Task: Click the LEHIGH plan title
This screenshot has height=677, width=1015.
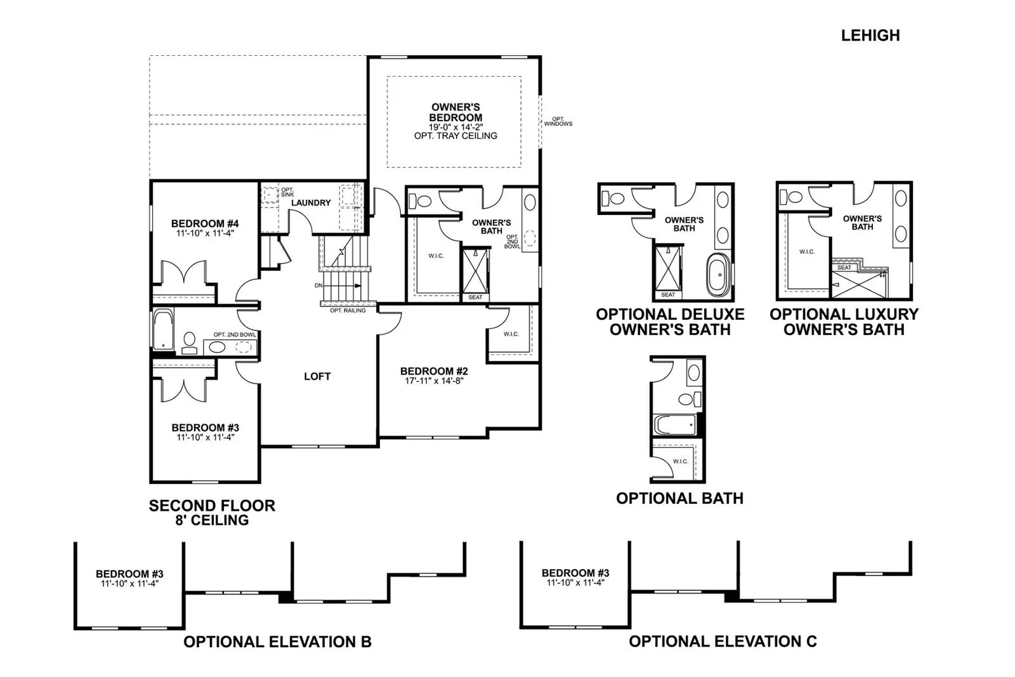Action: pos(870,36)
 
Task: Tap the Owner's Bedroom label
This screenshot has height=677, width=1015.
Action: pos(455,112)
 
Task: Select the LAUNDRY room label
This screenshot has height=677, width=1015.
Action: pos(311,202)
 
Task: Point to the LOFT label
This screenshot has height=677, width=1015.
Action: pos(317,376)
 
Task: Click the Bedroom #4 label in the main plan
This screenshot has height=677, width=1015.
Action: pos(205,223)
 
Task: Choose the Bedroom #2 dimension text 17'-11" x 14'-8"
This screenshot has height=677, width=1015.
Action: pos(434,381)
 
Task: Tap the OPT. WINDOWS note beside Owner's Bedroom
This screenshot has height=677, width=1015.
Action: pos(558,121)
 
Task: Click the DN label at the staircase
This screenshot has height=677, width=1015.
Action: pos(318,286)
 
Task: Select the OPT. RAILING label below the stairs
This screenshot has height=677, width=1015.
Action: pos(348,310)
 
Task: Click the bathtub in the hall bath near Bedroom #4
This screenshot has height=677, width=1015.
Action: pos(163,329)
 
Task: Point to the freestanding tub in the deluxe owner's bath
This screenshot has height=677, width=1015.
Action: pos(719,275)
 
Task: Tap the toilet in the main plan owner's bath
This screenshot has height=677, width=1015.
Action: pos(420,200)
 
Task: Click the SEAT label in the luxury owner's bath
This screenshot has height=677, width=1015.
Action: pos(844,267)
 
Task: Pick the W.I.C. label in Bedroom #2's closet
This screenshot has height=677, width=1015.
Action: pos(511,334)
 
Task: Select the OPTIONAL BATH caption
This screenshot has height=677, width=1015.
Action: pos(679,499)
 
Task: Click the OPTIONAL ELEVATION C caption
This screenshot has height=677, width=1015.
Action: pos(723,641)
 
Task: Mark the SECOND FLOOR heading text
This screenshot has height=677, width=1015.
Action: pos(212,506)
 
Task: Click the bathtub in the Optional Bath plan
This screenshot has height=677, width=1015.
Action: pos(675,424)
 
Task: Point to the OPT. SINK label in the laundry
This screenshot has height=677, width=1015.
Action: pos(287,192)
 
